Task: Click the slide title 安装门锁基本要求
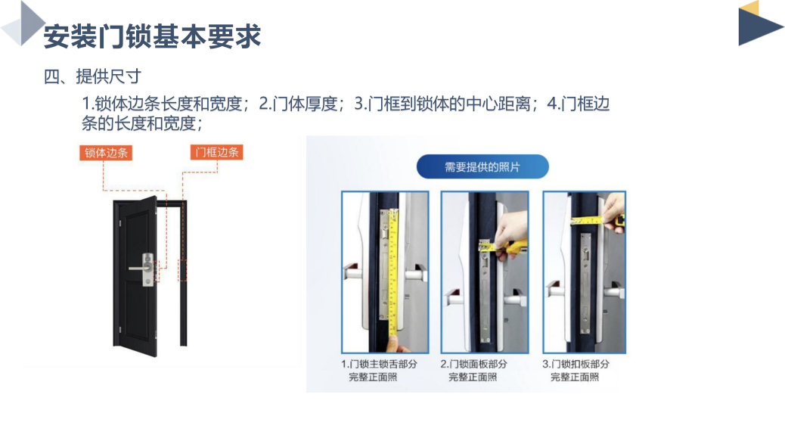[152, 36]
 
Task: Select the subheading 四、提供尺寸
[92, 76]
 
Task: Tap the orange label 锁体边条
[106, 153]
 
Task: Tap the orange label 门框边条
[217, 152]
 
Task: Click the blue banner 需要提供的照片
[482, 166]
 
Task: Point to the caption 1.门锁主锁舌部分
[379, 364]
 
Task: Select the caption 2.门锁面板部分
[473, 364]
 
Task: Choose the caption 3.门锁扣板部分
[576, 364]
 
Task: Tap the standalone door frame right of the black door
[183, 273]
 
